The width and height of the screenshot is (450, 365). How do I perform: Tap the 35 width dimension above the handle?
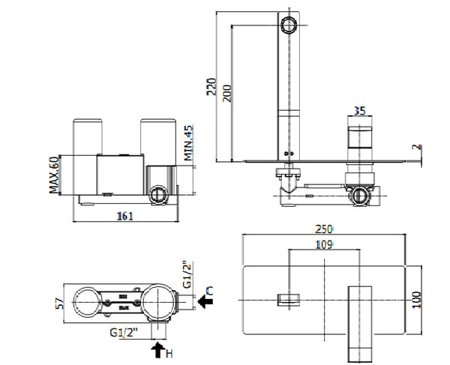click(x=359, y=111)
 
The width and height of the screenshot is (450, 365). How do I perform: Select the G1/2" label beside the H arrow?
click(x=124, y=332)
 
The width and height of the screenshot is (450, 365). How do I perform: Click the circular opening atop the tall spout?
click(x=288, y=27)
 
